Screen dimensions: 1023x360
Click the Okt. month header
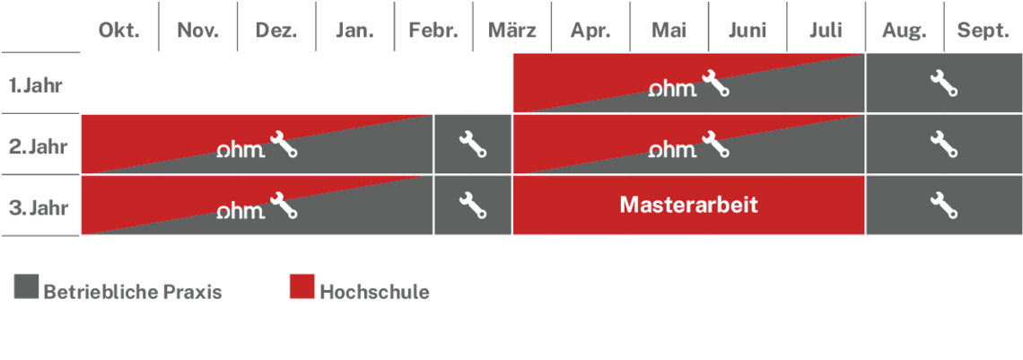coord(118,31)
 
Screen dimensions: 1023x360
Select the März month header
coord(512,31)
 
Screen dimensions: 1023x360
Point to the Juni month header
coord(748,31)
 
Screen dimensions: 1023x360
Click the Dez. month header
coord(276,31)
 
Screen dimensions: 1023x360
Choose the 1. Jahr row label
coord(36,85)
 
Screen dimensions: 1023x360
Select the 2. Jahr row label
coord(38,146)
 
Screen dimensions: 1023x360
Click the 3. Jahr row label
coord(38,207)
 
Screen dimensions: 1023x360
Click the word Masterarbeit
coord(689,206)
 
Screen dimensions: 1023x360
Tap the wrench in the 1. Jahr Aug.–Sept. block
coord(943,83)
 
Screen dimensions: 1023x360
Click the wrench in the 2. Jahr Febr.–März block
coord(473,145)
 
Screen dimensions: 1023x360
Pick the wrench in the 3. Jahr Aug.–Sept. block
coord(943,206)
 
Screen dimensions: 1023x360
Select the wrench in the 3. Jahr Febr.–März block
coord(473,206)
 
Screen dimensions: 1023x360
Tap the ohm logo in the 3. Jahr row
coord(240,211)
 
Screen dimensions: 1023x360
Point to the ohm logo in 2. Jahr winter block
coord(240,150)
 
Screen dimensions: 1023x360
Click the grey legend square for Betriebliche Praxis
coord(26,286)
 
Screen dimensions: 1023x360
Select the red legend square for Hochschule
coord(302,286)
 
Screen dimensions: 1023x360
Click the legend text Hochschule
coord(374,292)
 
